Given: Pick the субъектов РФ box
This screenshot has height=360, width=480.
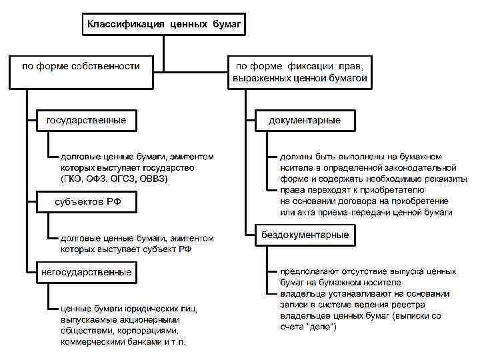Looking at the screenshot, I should coord(86,202).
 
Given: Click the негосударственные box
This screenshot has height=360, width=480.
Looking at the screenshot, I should coord(86,272).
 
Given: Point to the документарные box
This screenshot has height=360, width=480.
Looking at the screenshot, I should coord(304,121).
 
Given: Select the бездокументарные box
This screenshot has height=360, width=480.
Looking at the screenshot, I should coord(305,235).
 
